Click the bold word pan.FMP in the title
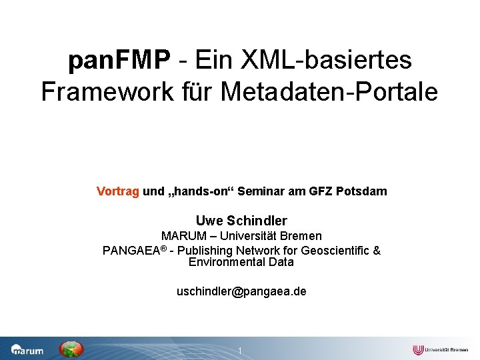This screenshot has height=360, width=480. (119, 61)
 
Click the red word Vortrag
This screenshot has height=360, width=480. (118, 191)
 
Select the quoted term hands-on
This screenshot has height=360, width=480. (199, 191)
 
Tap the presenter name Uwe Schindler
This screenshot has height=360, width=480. (241, 221)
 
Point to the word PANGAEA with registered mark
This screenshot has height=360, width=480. (133, 251)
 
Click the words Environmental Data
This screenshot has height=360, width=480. (241, 262)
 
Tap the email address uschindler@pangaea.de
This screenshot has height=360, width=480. (241, 291)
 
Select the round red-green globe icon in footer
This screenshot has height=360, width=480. (71, 349)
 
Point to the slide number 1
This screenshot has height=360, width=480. (240, 351)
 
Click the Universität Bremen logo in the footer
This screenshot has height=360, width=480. (440, 349)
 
